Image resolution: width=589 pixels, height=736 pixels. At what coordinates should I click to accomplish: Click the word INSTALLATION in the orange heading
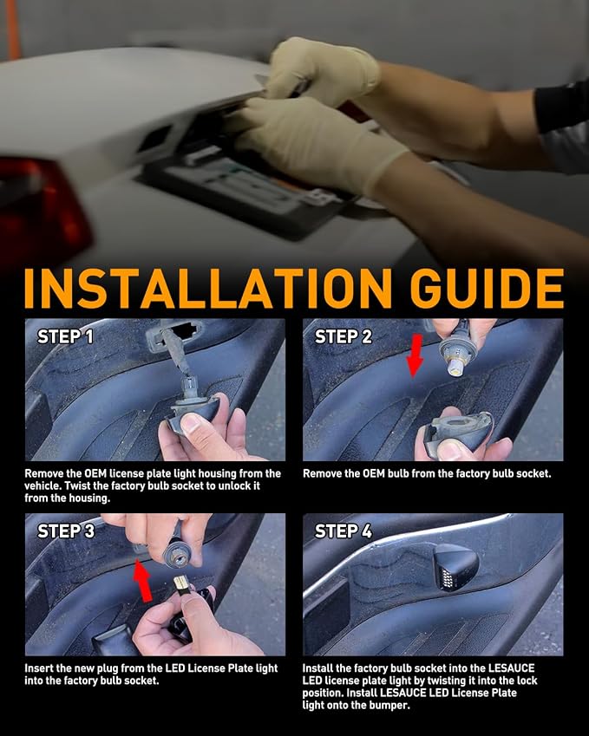(x=208, y=288)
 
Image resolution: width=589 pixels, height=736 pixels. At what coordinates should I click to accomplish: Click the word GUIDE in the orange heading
(x=487, y=288)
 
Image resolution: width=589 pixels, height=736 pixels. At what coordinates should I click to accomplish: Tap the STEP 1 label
(x=65, y=336)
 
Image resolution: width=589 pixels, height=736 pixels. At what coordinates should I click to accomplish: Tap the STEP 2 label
(x=344, y=336)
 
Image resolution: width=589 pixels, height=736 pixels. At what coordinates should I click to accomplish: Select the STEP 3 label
(x=66, y=531)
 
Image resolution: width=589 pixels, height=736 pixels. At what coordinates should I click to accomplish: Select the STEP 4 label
(x=344, y=531)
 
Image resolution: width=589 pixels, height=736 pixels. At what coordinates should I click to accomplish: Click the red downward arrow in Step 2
(x=415, y=355)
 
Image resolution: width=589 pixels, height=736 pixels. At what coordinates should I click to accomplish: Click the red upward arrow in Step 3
(x=143, y=580)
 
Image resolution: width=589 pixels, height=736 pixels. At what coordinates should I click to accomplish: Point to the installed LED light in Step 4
(x=455, y=567)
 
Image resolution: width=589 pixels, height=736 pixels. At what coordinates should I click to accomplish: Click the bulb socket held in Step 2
(x=455, y=349)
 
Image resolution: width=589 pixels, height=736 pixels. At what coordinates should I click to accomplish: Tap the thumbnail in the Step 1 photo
(x=192, y=422)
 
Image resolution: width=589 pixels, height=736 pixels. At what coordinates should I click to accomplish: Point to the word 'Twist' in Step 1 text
(x=77, y=485)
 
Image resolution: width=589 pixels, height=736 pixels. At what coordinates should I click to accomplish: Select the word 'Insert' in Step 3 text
(x=38, y=668)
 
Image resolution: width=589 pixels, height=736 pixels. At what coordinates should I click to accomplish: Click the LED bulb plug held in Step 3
(x=182, y=584)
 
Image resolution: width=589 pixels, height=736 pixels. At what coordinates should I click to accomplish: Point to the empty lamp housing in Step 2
(x=457, y=428)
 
